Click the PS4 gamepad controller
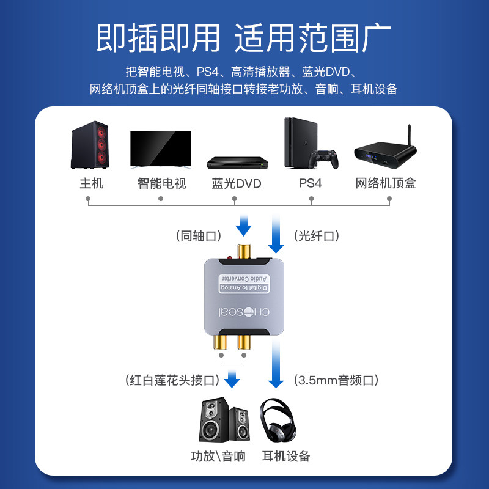(324, 159)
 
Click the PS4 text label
(311, 183)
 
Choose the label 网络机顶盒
(386, 183)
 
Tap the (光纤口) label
(317, 235)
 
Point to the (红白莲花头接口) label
(172, 380)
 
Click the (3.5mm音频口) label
(337, 380)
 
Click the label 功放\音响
(218, 456)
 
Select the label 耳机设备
(286, 456)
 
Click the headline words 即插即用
(158, 38)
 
